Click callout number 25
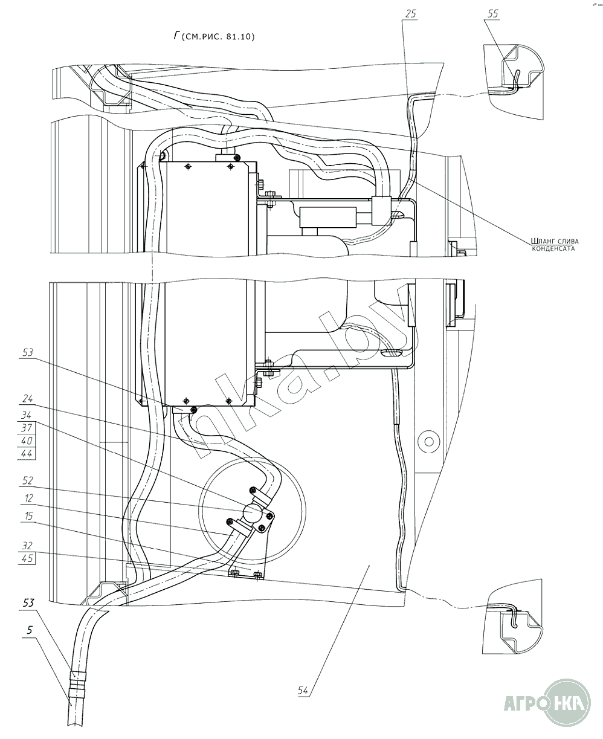click(411, 14)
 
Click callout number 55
click(492, 14)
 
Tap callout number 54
click(303, 690)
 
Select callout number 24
click(27, 398)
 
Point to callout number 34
click(27, 415)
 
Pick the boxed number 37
click(27, 428)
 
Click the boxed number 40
click(27, 440)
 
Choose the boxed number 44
click(27, 453)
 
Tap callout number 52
click(27, 480)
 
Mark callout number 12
click(28, 498)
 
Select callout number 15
click(28, 516)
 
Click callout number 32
click(27, 546)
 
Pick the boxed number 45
click(27, 558)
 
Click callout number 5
click(30, 630)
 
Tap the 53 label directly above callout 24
click(27, 352)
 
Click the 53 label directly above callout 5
click(29, 602)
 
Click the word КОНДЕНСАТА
click(553, 249)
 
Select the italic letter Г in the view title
click(177, 36)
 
